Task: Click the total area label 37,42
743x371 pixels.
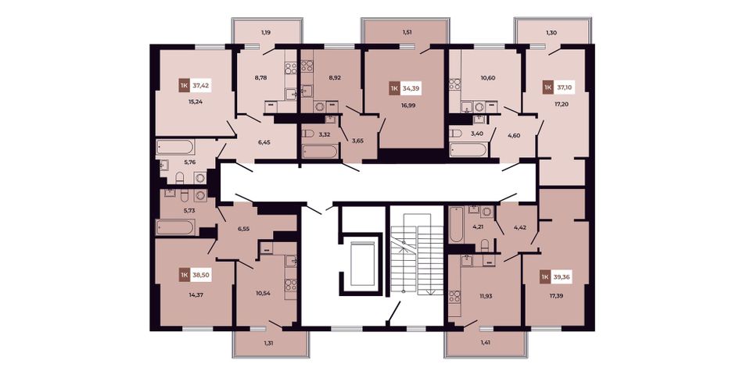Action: pos(201,86)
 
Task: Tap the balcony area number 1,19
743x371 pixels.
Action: pos(267,33)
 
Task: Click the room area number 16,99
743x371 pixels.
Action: pos(408,105)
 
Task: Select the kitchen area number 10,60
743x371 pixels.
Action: pos(487,77)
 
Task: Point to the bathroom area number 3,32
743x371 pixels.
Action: pos(325,134)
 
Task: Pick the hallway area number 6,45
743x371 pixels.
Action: pos(263,141)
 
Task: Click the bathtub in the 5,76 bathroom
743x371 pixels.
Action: pos(175,147)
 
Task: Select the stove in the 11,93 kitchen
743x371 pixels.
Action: pos(455,297)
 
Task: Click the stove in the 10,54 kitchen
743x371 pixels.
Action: pos(290,285)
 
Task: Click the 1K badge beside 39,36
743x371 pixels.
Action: pos(545,276)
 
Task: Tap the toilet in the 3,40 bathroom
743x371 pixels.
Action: pos(455,134)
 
